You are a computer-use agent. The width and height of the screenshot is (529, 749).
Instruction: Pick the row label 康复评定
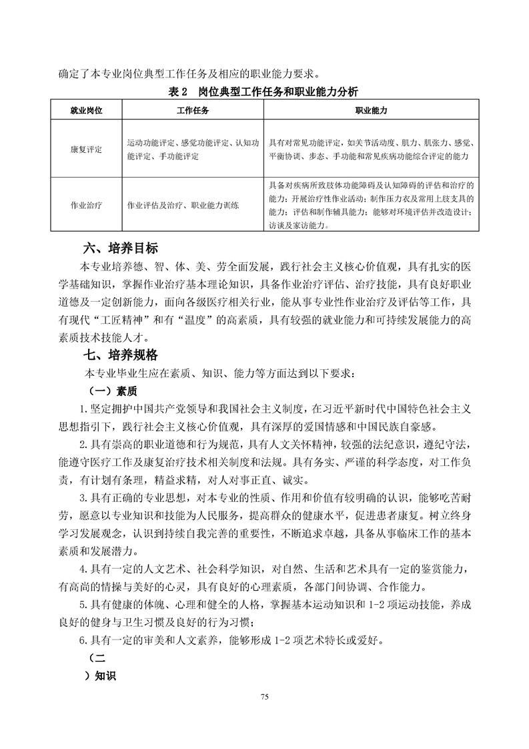point(85,149)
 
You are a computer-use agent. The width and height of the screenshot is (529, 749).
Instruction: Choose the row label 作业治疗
point(85,205)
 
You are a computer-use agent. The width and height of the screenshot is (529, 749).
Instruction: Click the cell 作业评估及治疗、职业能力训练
point(183,205)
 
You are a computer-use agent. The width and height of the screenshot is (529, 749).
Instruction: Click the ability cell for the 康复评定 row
point(370,149)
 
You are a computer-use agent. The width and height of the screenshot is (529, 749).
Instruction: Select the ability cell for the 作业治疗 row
point(370,204)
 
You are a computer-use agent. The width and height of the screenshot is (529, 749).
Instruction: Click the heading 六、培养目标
point(120,250)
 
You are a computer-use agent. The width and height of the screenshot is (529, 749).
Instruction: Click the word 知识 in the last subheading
point(105,676)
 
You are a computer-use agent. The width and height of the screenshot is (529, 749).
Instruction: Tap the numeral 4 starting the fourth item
point(82,569)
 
